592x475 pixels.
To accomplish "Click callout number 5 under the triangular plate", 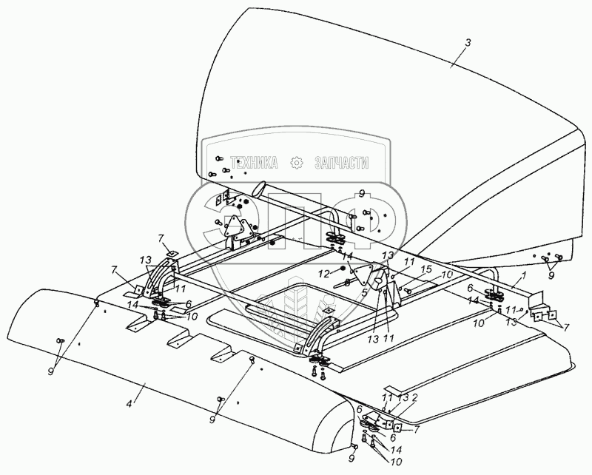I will coord(363,292).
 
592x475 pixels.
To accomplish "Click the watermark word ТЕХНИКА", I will coord(255,163).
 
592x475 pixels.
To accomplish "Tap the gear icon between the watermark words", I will coord(297,163).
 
